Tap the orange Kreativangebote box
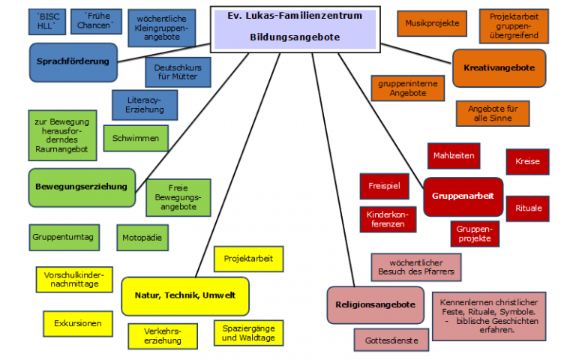[x=499, y=67]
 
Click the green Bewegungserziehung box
[x=82, y=186]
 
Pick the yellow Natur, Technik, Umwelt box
[x=184, y=295]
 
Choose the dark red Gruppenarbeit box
[x=462, y=196]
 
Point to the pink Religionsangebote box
[x=376, y=304]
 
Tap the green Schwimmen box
[x=136, y=139]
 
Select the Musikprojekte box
[x=431, y=23]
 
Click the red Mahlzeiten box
[x=454, y=155]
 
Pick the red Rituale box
[x=528, y=208]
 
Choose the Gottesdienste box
[x=386, y=340]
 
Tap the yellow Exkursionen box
[x=78, y=324]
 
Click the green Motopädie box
[x=142, y=238]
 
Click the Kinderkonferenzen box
[x=387, y=218]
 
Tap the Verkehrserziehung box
[x=163, y=335]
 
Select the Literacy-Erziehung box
[x=145, y=105]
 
